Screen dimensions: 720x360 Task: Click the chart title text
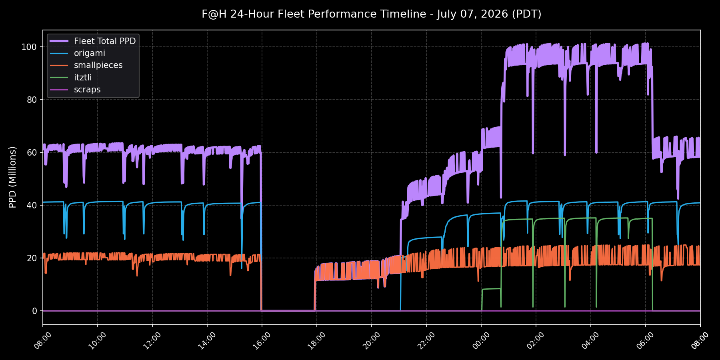click(x=371, y=14)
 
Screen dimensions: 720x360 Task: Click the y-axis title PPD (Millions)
click(x=13, y=177)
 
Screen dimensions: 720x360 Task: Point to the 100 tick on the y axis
click(x=29, y=47)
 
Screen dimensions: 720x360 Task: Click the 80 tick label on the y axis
click(x=32, y=100)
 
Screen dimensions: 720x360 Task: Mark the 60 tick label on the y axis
click(x=32, y=152)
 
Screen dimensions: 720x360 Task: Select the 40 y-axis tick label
click(x=32, y=205)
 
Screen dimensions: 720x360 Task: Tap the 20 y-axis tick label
click(x=32, y=258)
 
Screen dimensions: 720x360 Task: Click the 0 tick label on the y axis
click(x=34, y=311)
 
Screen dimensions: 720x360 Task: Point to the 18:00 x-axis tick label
click(x=316, y=341)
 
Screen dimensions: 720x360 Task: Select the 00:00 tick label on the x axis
click(x=481, y=341)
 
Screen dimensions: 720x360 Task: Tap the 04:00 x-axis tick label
click(x=590, y=341)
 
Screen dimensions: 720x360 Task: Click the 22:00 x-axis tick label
click(x=426, y=341)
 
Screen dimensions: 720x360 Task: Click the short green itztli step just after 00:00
click(x=491, y=289)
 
